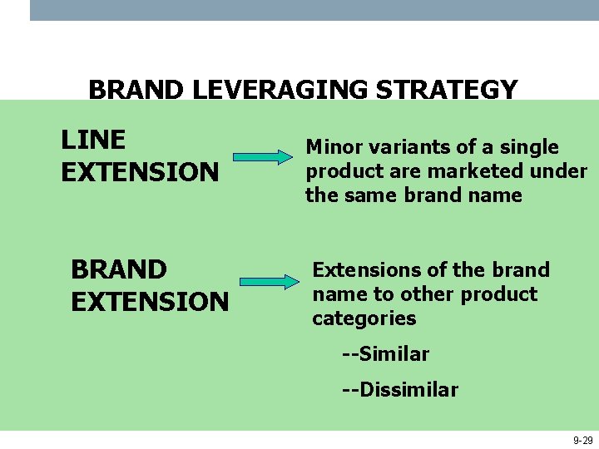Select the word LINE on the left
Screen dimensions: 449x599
click(x=93, y=140)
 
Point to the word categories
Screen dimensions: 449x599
click(x=364, y=318)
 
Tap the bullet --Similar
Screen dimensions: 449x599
click(x=385, y=354)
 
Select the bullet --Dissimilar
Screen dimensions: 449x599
click(x=400, y=390)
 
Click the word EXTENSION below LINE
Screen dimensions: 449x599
click(x=140, y=172)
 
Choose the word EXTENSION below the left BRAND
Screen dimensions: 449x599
click(x=150, y=302)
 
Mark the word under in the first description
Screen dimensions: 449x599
click(x=562, y=171)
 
